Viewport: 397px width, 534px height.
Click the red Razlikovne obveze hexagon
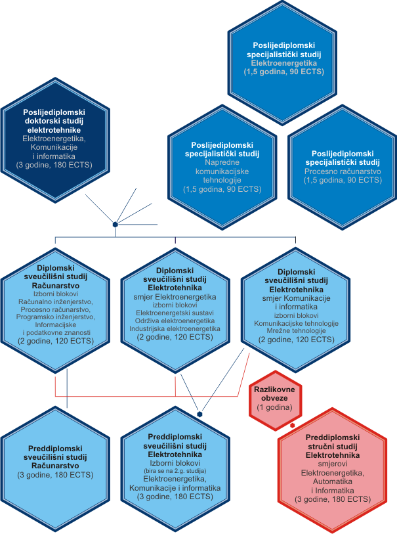(x=275, y=401)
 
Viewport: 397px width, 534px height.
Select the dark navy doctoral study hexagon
(x=55, y=140)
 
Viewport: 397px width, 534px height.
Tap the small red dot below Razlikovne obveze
(x=292, y=426)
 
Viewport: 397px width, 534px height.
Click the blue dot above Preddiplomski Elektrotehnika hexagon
(x=199, y=414)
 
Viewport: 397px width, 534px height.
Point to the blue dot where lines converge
(x=115, y=225)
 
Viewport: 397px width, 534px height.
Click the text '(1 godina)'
(x=274, y=407)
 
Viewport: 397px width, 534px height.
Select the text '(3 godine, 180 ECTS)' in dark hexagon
(x=54, y=165)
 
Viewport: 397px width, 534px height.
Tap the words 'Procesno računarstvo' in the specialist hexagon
(x=343, y=171)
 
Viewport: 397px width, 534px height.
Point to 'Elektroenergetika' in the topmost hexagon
(x=284, y=63)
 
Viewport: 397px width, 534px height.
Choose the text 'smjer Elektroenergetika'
(x=175, y=297)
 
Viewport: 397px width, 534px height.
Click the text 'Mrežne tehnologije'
(x=297, y=330)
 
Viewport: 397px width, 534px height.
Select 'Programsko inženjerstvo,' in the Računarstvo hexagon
(x=56, y=317)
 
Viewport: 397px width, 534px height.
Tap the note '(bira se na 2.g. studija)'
(x=175, y=471)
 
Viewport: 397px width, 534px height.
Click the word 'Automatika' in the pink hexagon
(x=333, y=481)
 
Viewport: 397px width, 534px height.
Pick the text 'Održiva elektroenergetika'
(x=175, y=321)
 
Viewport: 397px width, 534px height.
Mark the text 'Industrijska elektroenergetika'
(x=175, y=328)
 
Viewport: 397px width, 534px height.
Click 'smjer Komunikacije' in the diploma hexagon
(x=297, y=298)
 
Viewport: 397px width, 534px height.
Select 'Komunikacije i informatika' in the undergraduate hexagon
(x=175, y=487)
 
